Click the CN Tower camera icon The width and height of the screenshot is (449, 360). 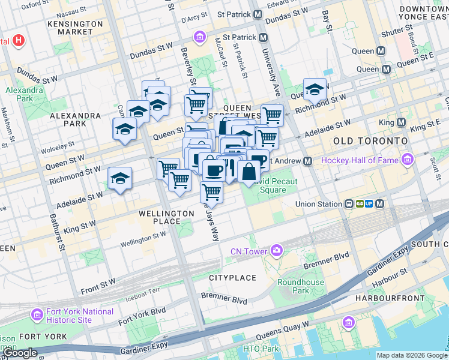pos(276,250)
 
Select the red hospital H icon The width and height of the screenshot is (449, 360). pos(19,41)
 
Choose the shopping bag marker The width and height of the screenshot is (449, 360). pos(249,172)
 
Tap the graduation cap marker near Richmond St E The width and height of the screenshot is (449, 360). pos(315,91)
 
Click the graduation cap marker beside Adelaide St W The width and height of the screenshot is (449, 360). pos(120,178)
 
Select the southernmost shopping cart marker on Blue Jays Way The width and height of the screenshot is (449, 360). pos(211,193)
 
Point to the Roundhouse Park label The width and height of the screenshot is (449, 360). pos(301,286)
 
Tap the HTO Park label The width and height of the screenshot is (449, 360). pos(261,349)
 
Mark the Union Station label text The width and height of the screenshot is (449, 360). pos(319,204)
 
